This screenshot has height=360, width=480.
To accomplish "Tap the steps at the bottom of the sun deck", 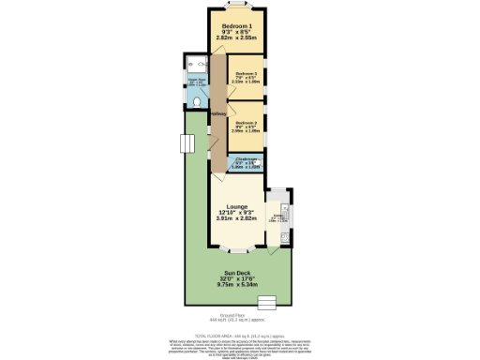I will point(267,301).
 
